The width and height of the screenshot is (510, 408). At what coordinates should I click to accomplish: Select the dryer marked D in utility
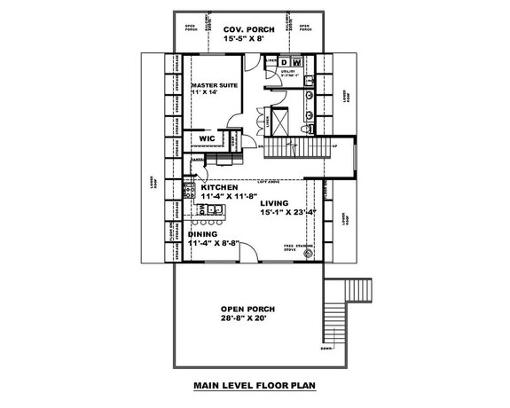click(x=286, y=63)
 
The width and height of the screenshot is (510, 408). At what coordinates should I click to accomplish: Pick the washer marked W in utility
click(x=298, y=63)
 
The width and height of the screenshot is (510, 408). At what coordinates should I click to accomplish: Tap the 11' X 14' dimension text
click(x=208, y=93)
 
